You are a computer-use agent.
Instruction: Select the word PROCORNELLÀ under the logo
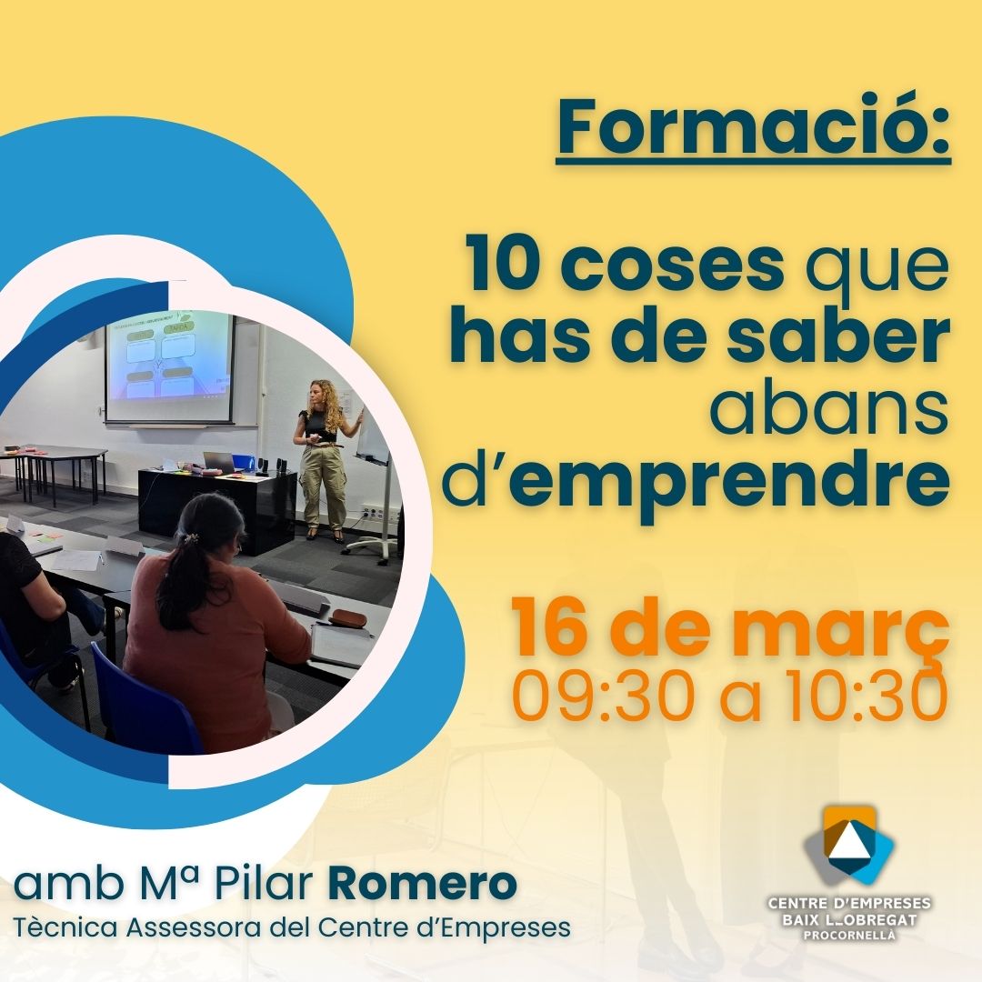(x=849, y=936)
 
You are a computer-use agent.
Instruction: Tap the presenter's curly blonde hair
(x=326, y=403)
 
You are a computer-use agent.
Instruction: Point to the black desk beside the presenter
(x=216, y=507)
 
